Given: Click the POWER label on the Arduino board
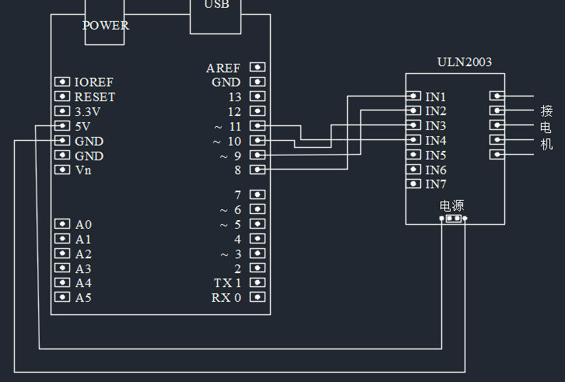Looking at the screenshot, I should [105, 25].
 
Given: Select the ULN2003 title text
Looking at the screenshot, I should [465, 62].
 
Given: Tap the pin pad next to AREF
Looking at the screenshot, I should [258, 68].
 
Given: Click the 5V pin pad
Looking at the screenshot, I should [62, 126].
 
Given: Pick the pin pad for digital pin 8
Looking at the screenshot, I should [258, 170].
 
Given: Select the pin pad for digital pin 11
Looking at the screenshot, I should [258, 126].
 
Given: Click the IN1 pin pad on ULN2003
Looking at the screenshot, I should [414, 96].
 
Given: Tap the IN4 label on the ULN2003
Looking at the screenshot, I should [436, 141].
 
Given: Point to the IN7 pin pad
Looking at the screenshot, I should [414, 184].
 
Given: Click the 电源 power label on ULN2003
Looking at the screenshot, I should [452, 206].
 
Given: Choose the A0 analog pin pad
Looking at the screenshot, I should [62, 224].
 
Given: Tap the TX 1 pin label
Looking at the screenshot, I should [227, 283].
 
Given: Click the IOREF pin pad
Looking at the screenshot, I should [62, 82].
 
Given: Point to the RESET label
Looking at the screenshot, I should [95, 97].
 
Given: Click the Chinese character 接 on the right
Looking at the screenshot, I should [546, 110].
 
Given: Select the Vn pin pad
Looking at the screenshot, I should [62, 170].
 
